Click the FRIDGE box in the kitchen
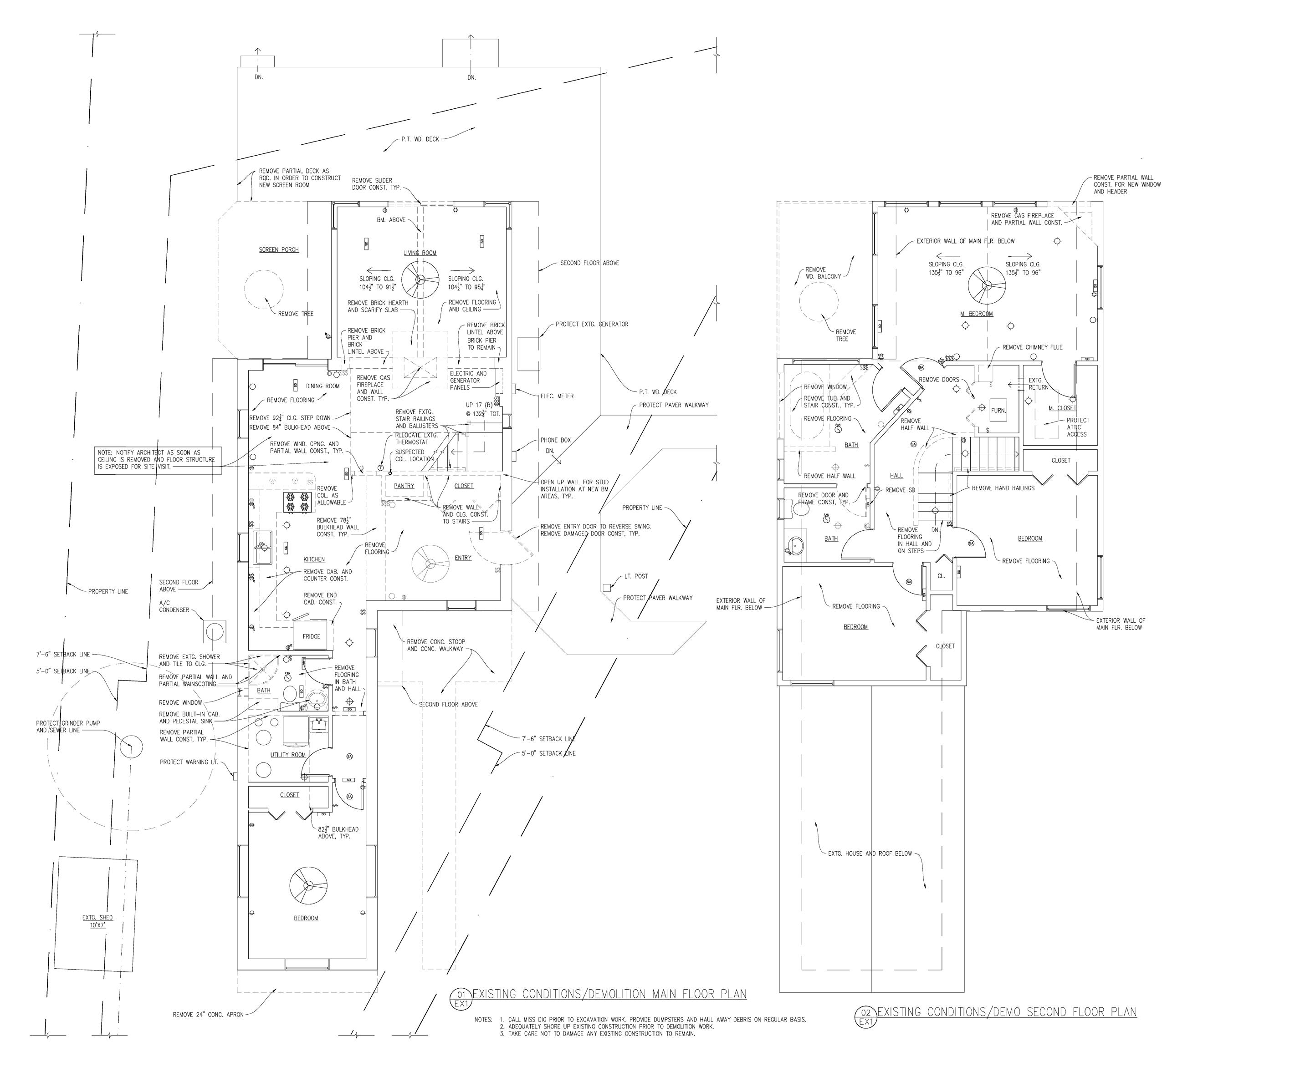click(312, 635)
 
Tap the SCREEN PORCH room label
click(279, 250)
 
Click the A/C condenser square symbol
click(215, 632)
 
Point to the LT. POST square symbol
click(607, 588)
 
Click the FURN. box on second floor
click(998, 410)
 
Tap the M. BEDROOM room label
click(977, 314)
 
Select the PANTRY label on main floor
click(404, 486)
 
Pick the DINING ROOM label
click(323, 386)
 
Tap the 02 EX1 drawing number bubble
click(865, 1017)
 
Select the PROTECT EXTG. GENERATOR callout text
click(592, 324)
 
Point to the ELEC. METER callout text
click(557, 396)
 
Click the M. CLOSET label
click(1062, 408)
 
